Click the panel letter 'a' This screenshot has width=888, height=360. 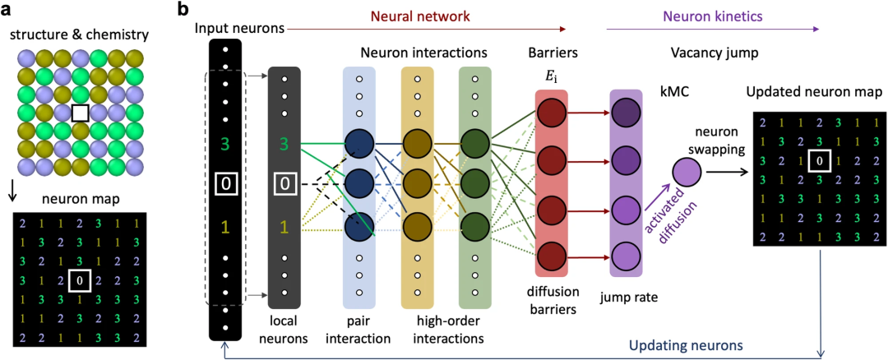7,11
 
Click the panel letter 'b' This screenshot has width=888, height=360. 184,11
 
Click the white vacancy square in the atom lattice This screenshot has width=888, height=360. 81,113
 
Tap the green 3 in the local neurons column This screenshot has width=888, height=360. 284,145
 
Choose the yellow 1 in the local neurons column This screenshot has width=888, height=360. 284,224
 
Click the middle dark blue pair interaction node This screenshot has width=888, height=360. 359,182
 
